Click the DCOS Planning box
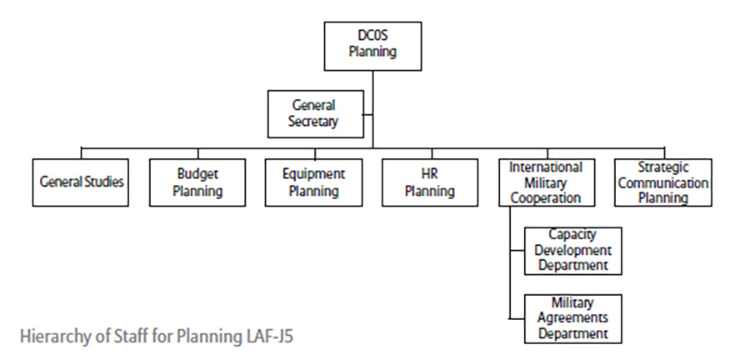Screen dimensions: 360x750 click(372, 46)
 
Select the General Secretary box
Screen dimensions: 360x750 click(315, 114)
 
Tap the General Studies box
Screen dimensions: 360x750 click(82, 182)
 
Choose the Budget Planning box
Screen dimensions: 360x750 click(197, 182)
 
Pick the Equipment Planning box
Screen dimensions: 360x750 click(313, 182)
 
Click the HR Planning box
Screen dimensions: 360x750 click(430, 182)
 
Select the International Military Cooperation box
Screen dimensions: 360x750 click(546, 182)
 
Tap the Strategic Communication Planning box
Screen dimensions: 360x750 click(662, 182)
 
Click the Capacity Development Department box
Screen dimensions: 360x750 click(572, 250)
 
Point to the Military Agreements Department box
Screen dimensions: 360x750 click(572, 318)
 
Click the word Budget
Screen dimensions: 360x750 click(197, 174)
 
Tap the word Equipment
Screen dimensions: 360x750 click(313, 174)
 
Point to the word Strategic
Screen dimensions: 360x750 click(662, 167)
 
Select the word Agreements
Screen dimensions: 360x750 click(572, 318)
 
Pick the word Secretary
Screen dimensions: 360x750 click(315, 122)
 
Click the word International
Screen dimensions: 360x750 click(546, 167)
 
